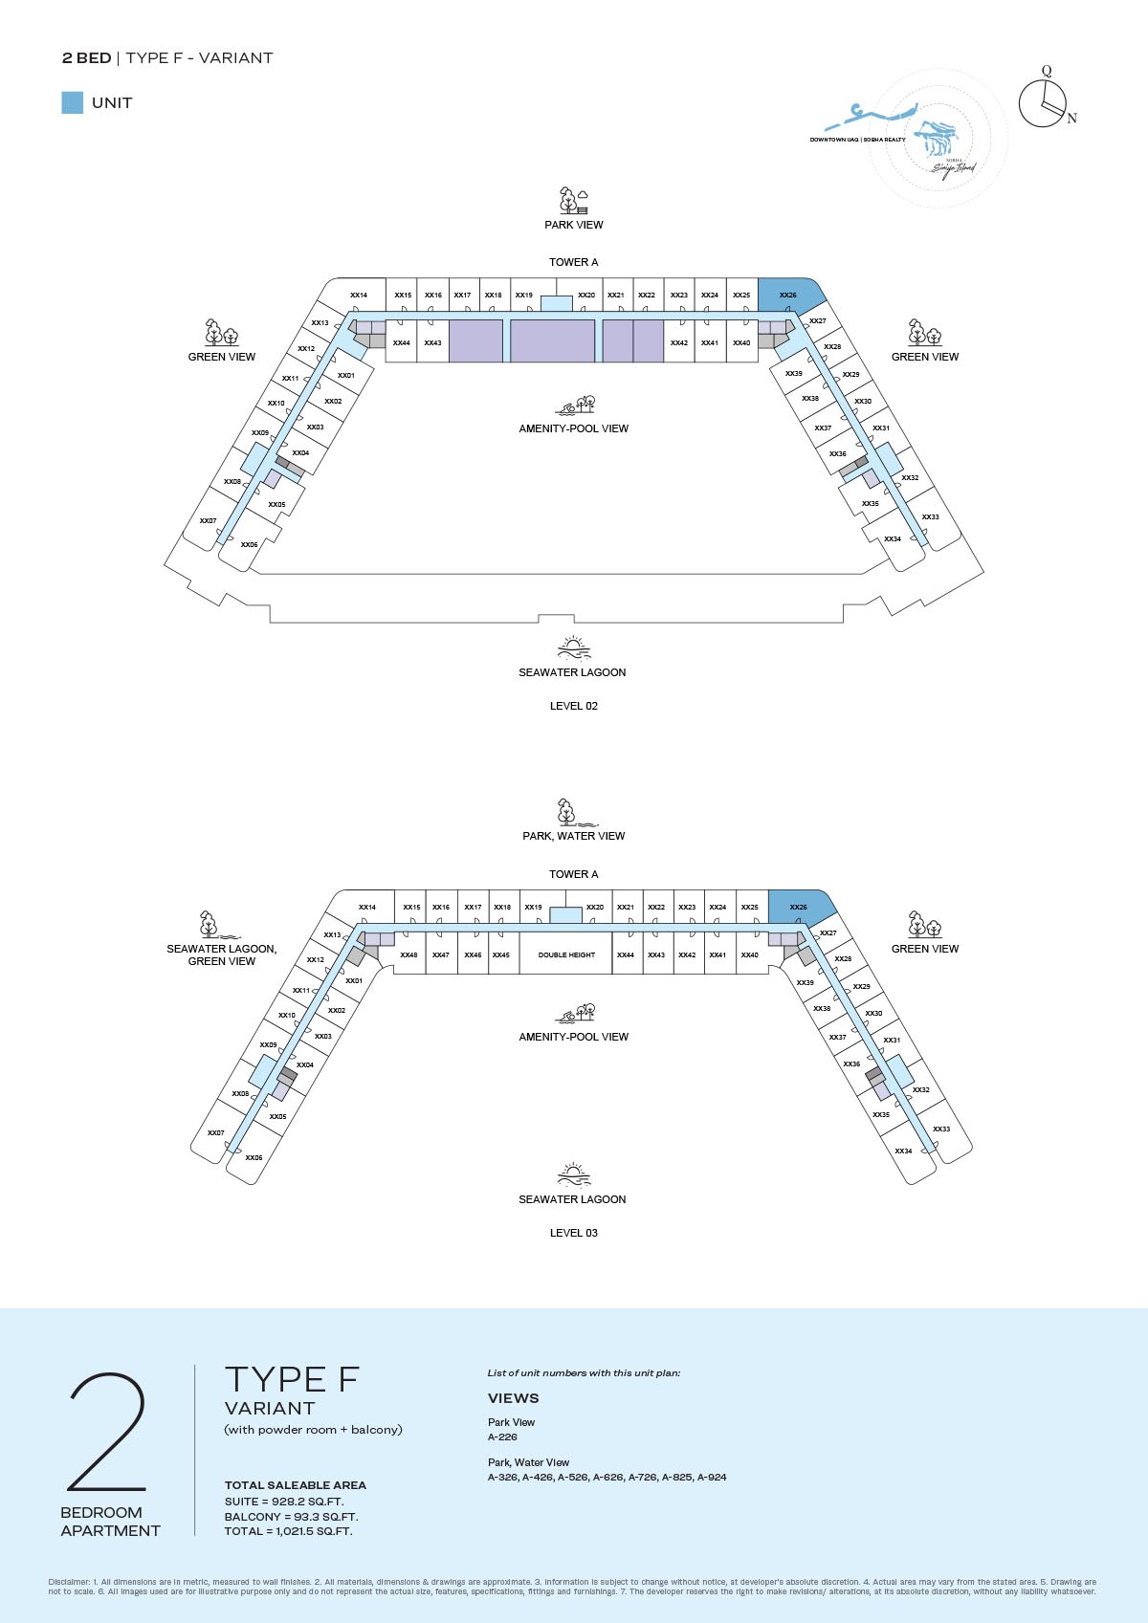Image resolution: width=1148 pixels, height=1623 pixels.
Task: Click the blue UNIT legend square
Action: tap(72, 102)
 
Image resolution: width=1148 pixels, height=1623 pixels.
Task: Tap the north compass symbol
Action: tap(1045, 102)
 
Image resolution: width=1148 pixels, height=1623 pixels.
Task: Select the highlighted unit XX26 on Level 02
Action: tap(788, 295)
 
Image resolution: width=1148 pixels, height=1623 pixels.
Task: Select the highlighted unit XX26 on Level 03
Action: tap(799, 907)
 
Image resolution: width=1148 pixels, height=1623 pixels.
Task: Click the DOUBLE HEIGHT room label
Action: tap(566, 954)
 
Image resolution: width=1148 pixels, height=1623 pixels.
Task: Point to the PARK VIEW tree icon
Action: tap(573, 201)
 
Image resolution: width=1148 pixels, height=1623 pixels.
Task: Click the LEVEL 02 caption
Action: tap(573, 706)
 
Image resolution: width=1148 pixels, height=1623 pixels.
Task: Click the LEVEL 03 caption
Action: tap(573, 1233)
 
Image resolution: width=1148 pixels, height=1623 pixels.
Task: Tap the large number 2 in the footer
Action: tap(107, 1432)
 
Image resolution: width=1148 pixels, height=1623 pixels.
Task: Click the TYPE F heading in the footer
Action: tap(292, 1379)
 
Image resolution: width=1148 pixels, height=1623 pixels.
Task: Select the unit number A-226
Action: tap(502, 1437)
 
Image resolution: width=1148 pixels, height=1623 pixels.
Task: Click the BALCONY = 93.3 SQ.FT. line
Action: tap(291, 1517)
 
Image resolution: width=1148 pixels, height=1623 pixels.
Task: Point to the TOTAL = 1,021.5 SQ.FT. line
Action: tap(288, 1531)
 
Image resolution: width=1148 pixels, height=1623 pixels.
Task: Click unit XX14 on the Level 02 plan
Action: tap(359, 296)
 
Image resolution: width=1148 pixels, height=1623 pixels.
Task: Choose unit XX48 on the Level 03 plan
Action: tap(408, 954)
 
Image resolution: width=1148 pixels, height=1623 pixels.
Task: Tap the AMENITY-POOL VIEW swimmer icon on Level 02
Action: tap(575, 406)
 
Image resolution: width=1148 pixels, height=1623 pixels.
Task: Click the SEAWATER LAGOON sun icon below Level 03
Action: tap(573, 1175)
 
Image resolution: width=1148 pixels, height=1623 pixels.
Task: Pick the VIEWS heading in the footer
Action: tap(513, 1398)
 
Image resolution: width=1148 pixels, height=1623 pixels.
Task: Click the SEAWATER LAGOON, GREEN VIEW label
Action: tap(221, 954)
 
